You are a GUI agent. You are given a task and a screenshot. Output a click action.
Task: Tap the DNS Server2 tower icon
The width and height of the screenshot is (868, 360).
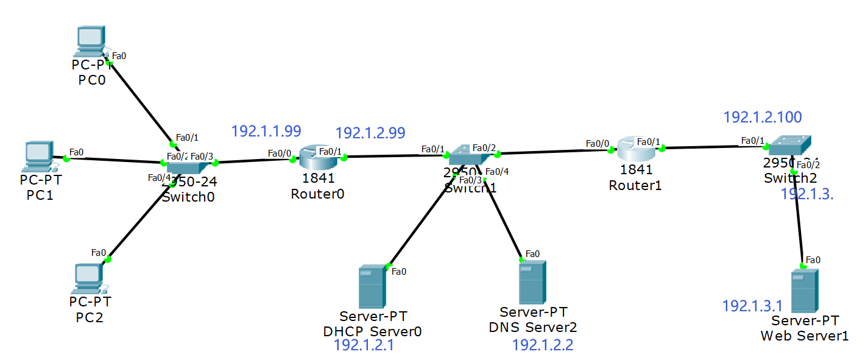click(532, 282)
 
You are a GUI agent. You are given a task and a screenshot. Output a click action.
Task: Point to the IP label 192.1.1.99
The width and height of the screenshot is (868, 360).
click(266, 130)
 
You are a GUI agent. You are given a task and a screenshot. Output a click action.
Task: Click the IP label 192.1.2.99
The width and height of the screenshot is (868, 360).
click(370, 132)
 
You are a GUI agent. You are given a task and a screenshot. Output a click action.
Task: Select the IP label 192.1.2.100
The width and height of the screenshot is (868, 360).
click(762, 117)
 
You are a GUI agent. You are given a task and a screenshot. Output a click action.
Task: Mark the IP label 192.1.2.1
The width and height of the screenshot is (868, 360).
click(364, 345)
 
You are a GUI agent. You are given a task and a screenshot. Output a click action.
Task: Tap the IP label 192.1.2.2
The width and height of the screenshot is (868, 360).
click(542, 345)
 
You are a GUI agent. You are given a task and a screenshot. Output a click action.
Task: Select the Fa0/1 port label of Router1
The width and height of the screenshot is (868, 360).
click(649, 142)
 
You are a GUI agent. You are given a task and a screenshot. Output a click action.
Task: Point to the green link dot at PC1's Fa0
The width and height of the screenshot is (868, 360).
click(66, 159)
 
